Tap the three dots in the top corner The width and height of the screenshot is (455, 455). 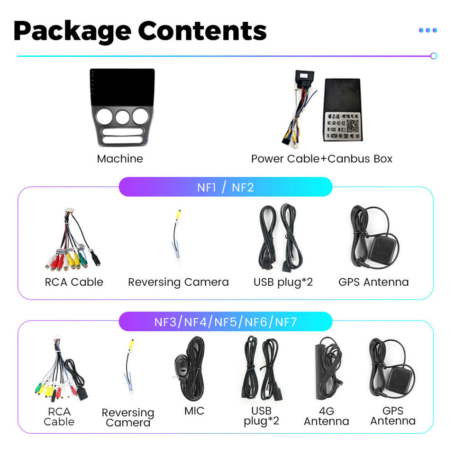(x=428, y=30)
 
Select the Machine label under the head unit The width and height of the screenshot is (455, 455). (x=120, y=159)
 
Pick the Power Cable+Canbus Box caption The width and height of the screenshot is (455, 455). (x=322, y=159)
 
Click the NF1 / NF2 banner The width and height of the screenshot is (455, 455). (x=225, y=187)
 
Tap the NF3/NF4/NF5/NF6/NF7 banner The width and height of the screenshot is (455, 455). (x=225, y=322)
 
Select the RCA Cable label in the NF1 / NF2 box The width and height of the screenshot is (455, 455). (x=74, y=282)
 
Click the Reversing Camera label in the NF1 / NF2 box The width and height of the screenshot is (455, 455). (x=178, y=282)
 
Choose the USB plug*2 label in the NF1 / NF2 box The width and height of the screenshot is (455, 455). (x=283, y=282)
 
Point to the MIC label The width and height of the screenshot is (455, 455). (x=194, y=410)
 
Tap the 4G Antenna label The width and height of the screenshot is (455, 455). (x=327, y=416)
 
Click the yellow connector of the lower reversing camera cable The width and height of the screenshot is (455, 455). (x=130, y=345)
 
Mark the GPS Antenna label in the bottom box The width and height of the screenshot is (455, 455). (x=393, y=416)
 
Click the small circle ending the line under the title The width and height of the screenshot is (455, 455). (x=433, y=56)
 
